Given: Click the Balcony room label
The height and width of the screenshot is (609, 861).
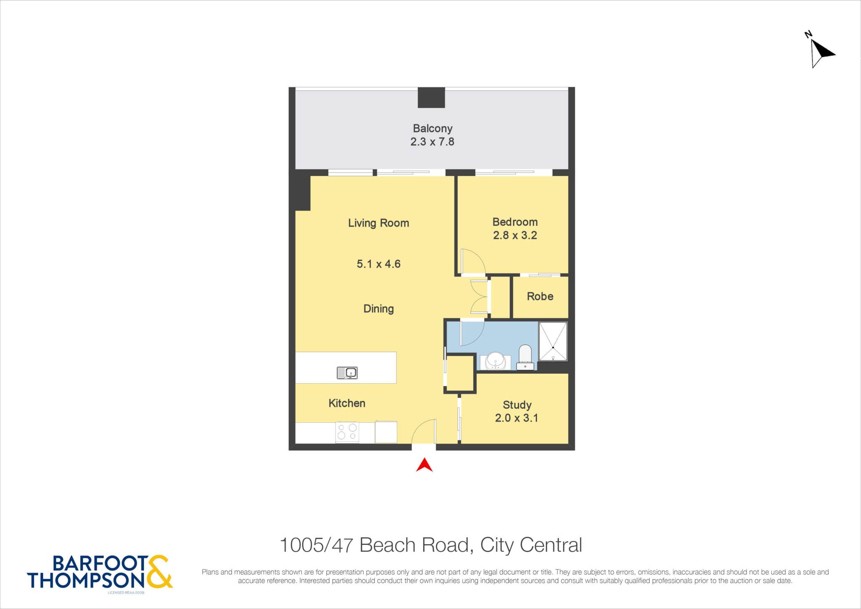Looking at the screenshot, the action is click(432, 128).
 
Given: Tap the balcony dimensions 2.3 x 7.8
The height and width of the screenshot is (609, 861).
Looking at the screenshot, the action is click(432, 142).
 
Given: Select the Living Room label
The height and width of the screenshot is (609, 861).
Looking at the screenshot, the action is click(378, 223).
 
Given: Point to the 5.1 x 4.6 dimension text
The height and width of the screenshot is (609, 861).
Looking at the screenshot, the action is click(378, 264).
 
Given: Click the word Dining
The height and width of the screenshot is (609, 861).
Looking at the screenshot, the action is click(378, 309).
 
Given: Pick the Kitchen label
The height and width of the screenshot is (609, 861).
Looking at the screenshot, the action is click(347, 403).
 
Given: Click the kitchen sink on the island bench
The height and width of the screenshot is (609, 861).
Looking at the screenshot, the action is click(347, 373).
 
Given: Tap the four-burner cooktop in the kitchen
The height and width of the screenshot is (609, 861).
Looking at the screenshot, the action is click(347, 432).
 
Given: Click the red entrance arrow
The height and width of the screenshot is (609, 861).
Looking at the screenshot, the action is click(424, 465).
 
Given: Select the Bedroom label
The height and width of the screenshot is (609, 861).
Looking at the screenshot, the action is click(515, 222).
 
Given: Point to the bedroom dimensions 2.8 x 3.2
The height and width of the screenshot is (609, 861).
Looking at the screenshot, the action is click(515, 235).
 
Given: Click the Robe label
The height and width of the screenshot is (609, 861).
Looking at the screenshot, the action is click(540, 296).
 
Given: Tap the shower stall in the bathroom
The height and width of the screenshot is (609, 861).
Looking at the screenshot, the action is click(553, 342).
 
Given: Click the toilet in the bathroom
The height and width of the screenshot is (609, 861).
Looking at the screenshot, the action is click(525, 357).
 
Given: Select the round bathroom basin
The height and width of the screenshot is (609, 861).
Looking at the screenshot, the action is click(495, 361).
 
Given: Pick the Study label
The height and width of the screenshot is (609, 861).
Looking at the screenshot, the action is click(517, 405).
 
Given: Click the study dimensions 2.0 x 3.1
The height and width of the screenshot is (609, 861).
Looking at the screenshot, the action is click(517, 418).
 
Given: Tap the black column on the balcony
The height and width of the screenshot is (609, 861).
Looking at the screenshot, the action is click(431, 98).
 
